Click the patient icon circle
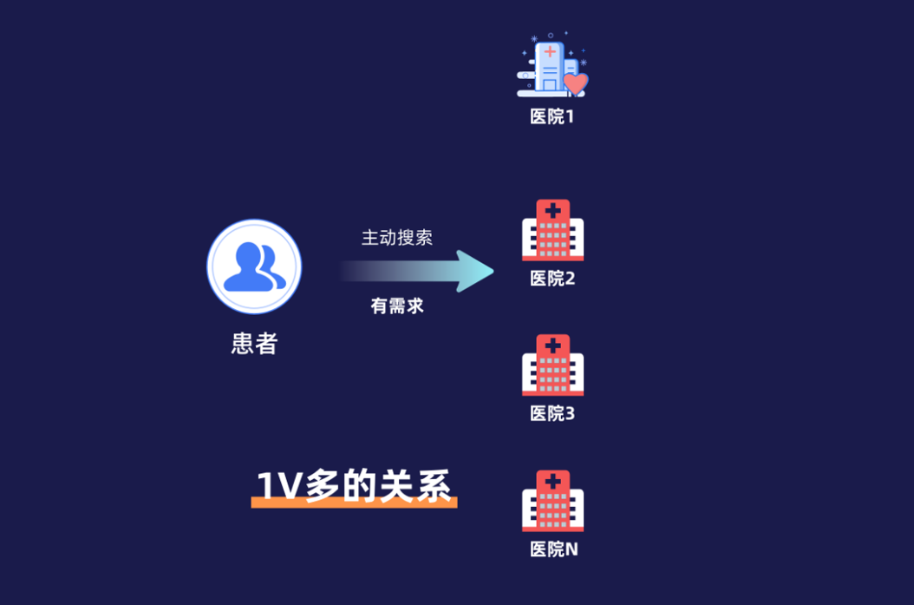point(254,266)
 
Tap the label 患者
point(254,344)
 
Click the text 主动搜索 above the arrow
point(397,238)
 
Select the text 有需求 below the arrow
point(397,306)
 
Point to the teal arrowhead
point(475,272)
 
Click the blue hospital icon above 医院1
point(552,65)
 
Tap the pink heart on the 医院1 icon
point(576,83)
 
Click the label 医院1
point(552,116)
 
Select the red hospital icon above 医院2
point(552,230)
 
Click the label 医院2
point(552,279)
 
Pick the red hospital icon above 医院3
point(552,365)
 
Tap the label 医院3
point(552,414)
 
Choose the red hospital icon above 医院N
point(552,501)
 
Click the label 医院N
point(554,549)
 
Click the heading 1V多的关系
point(354,485)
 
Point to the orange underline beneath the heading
point(355,503)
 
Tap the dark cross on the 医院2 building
point(553,210)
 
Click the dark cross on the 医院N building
point(553,481)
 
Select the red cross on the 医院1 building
point(550,52)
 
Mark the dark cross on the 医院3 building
point(553,345)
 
